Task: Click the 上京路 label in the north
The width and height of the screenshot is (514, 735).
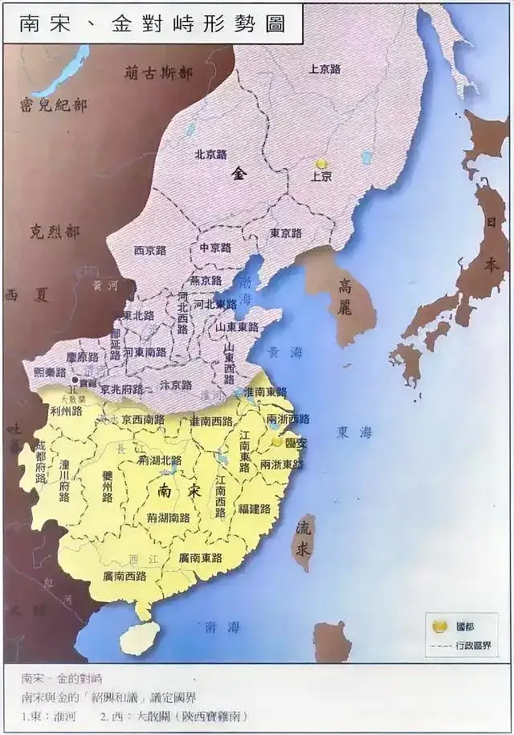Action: [x=325, y=69]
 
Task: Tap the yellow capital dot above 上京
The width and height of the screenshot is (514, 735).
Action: [x=321, y=164]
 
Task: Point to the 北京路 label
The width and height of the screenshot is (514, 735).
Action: [x=211, y=154]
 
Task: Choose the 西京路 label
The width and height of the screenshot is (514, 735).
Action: [x=150, y=250]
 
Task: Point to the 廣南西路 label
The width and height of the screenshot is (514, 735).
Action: [x=124, y=576]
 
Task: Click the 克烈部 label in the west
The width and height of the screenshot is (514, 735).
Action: [x=55, y=233]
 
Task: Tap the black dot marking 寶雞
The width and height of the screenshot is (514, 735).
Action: [x=74, y=380]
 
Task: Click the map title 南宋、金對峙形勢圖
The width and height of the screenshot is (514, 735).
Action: [x=152, y=25]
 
